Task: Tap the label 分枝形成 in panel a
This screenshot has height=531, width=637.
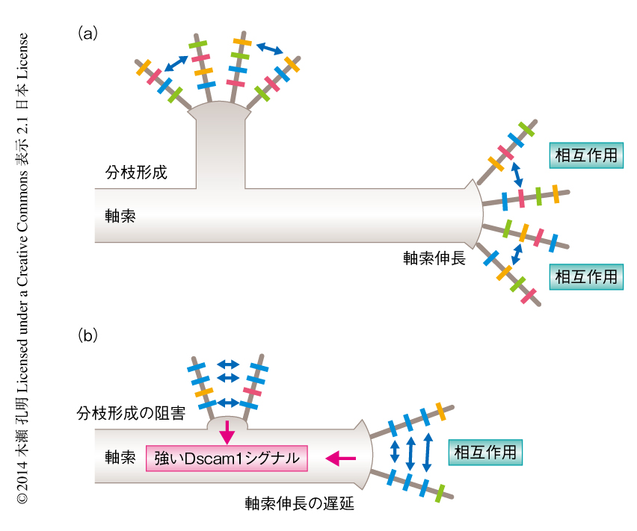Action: [135, 172]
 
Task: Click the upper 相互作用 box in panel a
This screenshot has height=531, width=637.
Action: [587, 155]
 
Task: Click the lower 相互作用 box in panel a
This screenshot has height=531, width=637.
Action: [587, 276]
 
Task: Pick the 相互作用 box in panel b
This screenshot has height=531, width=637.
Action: [485, 453]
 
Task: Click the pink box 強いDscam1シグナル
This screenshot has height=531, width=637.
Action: [227, 457]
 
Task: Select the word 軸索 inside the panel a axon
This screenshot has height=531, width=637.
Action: [120, 216]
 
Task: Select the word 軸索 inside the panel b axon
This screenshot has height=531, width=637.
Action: [120, 456]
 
